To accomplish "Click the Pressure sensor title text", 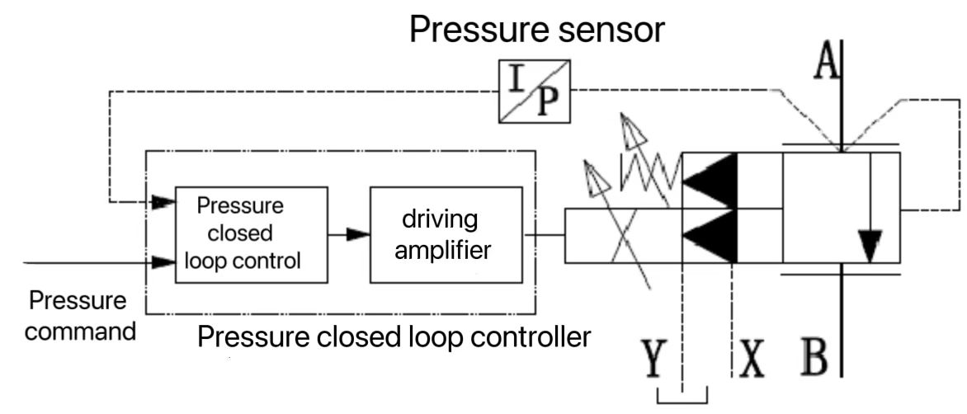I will point(536,31).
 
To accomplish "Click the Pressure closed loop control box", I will point(251,234).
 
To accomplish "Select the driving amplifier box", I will point(446,234).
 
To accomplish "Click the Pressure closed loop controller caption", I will point(394,337).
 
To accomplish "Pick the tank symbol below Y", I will point(682,396).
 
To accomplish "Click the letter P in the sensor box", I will point(549,103).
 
